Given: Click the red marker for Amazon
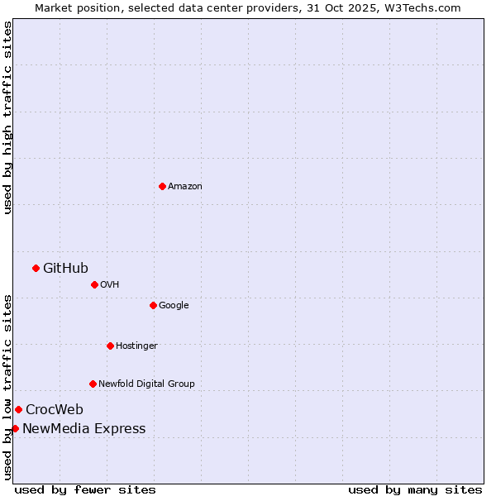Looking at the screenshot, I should (x=162, y=186).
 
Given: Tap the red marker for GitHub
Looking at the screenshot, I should (x=36, y=268).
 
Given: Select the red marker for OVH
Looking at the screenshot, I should (x=94, y=284).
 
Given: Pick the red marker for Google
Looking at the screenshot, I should (x=153, y=305).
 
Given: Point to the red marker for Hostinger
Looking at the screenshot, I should (x=110, y=346).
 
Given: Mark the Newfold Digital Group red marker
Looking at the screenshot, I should (x=93, y=384).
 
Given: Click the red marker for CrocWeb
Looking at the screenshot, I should (x=18, y=409).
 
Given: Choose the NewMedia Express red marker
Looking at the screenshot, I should (x=15, y=428).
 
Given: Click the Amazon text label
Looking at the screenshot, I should (x=185, y=187).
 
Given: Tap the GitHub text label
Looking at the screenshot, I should (x=65, y=268).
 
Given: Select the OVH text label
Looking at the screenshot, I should (x=110, y=285).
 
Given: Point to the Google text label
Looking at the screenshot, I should (x=174, y=306).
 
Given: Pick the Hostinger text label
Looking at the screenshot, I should (x=136, y=346).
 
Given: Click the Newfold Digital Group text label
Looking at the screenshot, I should (x=146, y=384).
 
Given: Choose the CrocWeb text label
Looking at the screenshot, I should (x=55, y=410).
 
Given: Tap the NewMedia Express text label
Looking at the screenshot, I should (x=83, y=429).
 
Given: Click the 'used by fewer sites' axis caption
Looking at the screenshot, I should (x=85, y=489).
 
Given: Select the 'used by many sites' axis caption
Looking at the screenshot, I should (x=415, y=489).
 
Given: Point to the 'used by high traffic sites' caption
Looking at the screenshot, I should (x=7, y=117).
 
